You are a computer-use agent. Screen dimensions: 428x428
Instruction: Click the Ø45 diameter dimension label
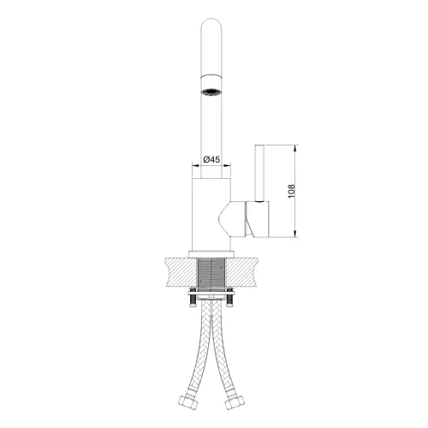coord(211,159)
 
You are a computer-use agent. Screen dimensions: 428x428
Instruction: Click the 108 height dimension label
coord(291,191)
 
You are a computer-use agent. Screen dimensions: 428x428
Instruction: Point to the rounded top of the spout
coord(211,24)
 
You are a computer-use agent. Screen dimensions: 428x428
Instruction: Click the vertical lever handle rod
coord(259,174)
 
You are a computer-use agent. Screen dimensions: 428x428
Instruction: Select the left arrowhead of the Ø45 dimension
coord(195,165)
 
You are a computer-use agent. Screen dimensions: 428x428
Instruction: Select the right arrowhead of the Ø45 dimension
coord(227,165)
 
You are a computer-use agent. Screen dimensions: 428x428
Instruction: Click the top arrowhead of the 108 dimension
coord(295,148)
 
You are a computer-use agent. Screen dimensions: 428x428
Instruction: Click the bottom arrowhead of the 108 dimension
coord(295,234)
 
